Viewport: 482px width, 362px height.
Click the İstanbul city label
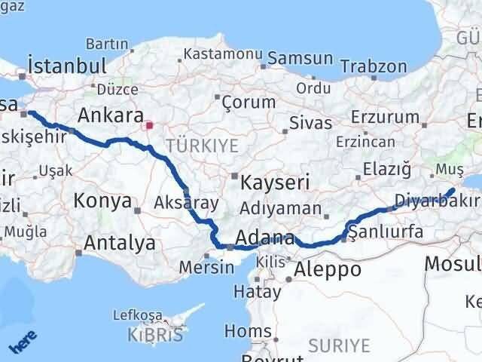(65, 66)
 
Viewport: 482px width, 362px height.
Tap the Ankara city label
(111, 116)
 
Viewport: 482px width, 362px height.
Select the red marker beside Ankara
(149, 125)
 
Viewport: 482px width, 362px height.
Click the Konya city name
(102, 201)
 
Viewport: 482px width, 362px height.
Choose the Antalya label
(120, 243)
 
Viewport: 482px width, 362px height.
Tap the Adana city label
(264, 238)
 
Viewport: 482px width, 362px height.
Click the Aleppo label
(327, 269)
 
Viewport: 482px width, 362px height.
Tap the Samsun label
(300, 58)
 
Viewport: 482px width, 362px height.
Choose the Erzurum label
(389, 117)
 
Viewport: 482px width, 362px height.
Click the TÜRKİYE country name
(202, 145)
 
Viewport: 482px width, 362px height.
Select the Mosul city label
(452, 263)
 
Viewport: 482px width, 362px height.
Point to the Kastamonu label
(223, 55)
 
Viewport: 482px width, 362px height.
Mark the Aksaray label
(185, 202)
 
